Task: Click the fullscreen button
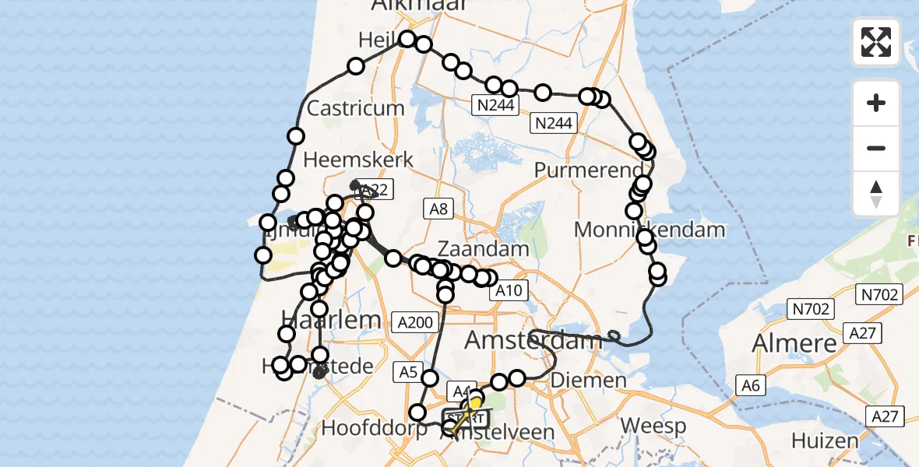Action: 876,42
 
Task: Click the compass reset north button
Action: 876,194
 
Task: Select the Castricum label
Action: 356,108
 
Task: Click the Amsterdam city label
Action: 533,340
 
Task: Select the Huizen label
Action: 826,441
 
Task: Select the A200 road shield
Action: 414,321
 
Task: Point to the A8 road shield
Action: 437,208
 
